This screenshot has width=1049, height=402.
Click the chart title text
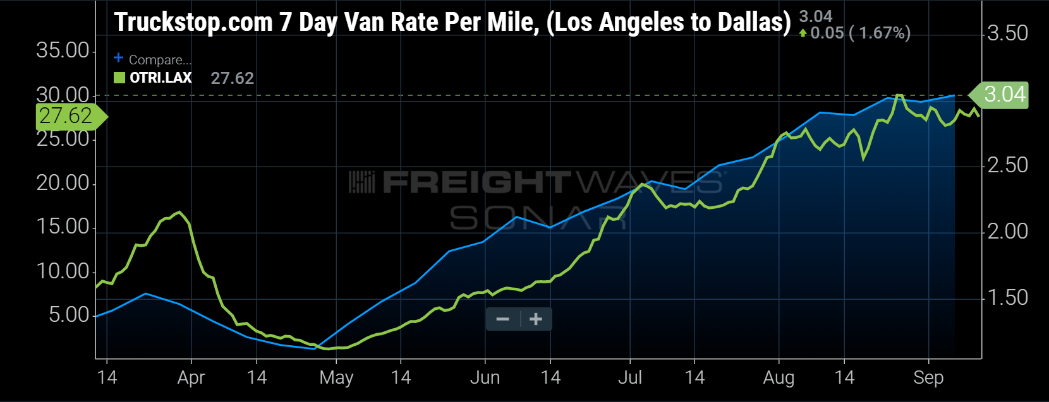pos(452,22)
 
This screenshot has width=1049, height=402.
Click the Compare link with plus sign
pos(153,59)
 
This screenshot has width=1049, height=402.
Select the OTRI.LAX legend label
pos(161,78)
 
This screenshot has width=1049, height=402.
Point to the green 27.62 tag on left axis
pos(67,116)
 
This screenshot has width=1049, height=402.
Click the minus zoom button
pos(503,319)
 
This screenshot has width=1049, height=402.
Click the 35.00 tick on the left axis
pos(63,50)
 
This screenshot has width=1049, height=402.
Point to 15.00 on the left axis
pos(63,227)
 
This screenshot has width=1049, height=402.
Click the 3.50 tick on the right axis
pos(1008,33)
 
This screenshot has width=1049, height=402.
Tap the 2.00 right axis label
pos(1008,231)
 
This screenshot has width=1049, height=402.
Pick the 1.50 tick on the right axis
pos(1008,297)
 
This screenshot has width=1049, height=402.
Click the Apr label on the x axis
pos(191,377)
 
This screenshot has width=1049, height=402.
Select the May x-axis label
pos(336,377)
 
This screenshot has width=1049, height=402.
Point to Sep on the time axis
pos(928,377)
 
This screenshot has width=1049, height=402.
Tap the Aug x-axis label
pos(779,377)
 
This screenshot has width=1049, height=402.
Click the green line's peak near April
pos(180,212)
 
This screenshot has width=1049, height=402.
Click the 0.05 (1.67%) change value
pos(859,33)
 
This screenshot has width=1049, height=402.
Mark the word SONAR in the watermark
pos(537,218)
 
